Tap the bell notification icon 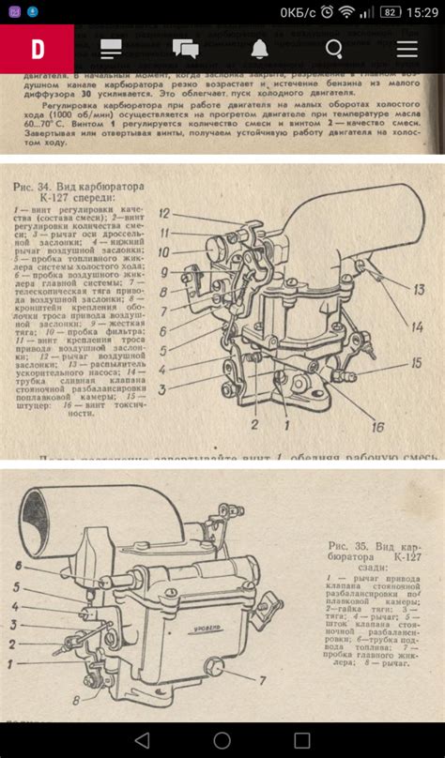click(259, 49)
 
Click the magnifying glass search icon click(333, 49)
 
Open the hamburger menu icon click(407, 49)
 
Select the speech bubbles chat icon click(185, 49)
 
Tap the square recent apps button click(301, 739)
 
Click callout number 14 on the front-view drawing click(416, 326)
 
